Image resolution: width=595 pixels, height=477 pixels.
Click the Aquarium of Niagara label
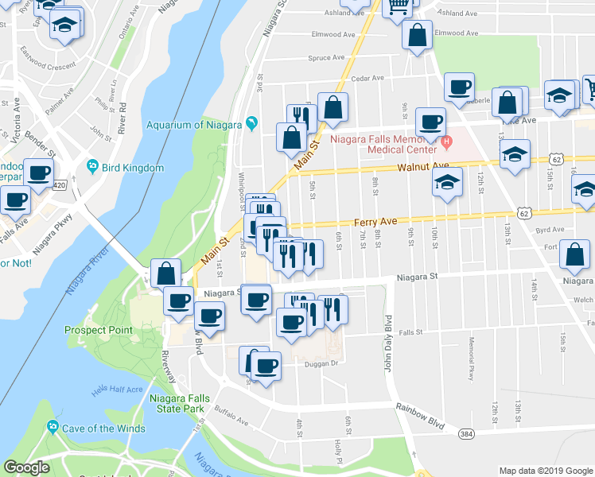pyautogui.click(x=194, y=124)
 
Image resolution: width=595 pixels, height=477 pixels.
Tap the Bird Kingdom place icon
pyautogui.click(x=94, y=167)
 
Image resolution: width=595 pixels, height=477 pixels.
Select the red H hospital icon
pyautogui.click(x=446, y=143)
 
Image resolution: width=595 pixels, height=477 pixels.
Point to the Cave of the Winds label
pyautogui.click(x=105, y=429)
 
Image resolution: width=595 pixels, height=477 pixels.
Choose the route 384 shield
pyautogui.click(x=466, y=432)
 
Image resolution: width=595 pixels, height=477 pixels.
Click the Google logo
pyautogui.click(x=27, y=467)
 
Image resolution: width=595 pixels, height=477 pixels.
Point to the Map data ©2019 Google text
pyautogui.click(x=545, y=471)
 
